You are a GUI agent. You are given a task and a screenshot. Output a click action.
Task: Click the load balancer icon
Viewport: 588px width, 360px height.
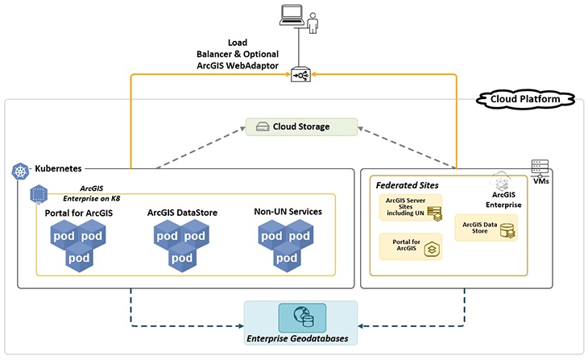click(301, 75)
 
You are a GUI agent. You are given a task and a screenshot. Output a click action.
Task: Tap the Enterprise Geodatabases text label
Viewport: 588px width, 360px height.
click(300, 339)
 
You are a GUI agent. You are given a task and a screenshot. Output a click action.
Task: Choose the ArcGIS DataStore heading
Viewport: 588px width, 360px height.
click(184, 213)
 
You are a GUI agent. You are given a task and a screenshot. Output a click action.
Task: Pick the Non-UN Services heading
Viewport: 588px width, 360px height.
click(286, 212)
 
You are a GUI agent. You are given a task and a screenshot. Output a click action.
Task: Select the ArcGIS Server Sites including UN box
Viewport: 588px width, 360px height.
click(412, 208)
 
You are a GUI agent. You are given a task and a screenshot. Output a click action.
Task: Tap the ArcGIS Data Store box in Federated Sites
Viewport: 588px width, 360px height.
click(487, 228)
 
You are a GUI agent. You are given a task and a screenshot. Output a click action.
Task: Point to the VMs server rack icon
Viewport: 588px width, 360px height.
click(540, 167)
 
